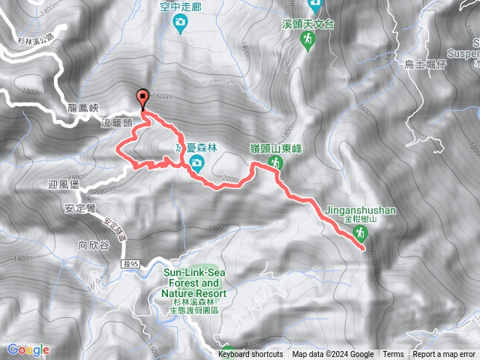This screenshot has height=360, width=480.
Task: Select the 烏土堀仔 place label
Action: click(425, 64)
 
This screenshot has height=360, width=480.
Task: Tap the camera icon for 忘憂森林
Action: click(196, 163)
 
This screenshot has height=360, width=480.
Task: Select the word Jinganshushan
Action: click(361, 210)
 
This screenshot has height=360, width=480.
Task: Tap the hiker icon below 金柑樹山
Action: click(361, 234)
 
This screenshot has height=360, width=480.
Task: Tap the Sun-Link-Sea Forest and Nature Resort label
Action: click(190, 283)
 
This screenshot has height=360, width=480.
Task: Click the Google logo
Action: click(28, 349)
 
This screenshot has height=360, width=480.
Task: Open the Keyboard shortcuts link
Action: click(250, 355)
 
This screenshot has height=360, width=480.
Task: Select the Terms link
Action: click(393, 355)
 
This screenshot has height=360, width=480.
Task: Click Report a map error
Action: click(445, 355)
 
